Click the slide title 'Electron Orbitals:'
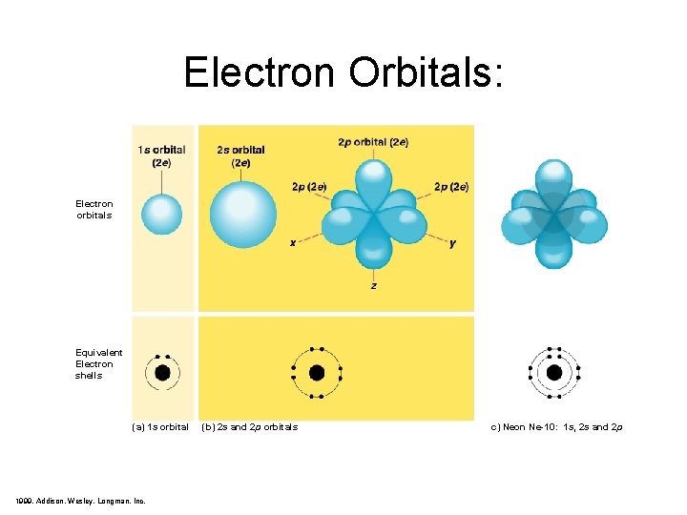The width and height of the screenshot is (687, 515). pyautogui.click(x=343, y=72)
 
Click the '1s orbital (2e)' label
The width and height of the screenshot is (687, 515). pyautogui.click(x=161, y=156)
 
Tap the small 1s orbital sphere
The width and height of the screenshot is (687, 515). pyautogui.click(x=161, y=215)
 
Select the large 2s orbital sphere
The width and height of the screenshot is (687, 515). pyautogui.click(x=242, y=215)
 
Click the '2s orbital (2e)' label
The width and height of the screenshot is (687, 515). pyautogui.click(x=240, y=156)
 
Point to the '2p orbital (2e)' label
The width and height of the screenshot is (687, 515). pyautogui.click(x=373, y=142)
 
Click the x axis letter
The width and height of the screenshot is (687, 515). pyautogui.click(x=293, y=243)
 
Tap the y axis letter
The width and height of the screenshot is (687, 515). pyautogui.click(x=452, y=243)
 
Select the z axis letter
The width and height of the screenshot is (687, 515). pyautogui.click(x=373, y=285)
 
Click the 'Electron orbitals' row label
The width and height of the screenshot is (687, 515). pyautogui.click(x=94, y=209)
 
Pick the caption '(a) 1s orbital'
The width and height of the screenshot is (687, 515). pyautogui.click(x=160, y=426)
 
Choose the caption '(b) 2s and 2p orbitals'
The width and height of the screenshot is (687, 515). pyautogui.click(x=250, y=426)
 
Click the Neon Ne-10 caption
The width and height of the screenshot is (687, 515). pyautogui.click(x=556, y=426)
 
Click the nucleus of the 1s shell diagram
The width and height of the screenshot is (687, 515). pyautogui.click(x=162, y=372)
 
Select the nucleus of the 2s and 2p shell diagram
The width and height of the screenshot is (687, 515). pyautogui.click(x=317, y=372)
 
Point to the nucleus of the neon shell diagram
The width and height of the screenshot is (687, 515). pyautogui.click(x=554, y=372)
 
